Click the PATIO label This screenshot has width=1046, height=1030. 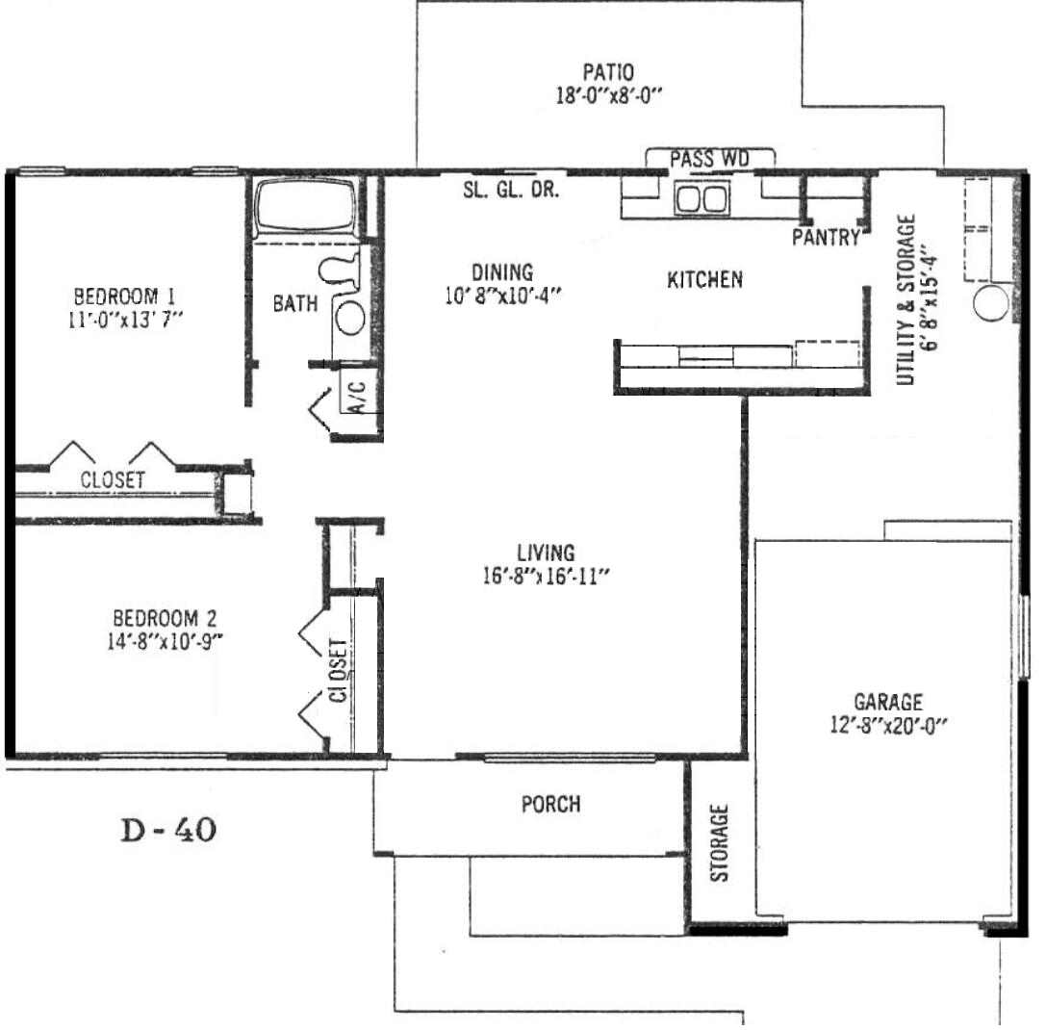[608, 71]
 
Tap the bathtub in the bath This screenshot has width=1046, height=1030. [306, 206]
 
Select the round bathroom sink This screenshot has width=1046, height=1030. [350, 318]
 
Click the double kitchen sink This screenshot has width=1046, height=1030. [702, 198]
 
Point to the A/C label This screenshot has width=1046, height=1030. [358, 397]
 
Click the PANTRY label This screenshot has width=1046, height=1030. [826, 237]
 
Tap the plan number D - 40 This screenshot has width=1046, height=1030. [168, 830]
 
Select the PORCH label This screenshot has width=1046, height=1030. [551, 804]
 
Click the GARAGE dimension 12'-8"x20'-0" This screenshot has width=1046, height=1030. [888, 725]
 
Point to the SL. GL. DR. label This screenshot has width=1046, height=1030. [511, 191]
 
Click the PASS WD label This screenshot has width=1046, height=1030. [710, 159]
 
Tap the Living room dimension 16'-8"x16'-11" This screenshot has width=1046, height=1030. [547, 576]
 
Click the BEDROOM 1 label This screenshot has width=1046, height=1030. [125, 296]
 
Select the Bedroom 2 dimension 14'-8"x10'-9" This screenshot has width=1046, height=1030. [165, 641]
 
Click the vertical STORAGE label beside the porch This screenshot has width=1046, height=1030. [719, 843]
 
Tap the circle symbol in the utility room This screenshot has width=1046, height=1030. [990, 304]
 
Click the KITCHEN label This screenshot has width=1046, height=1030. [705, 280]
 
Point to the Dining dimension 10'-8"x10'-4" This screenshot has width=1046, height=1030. [503, 296]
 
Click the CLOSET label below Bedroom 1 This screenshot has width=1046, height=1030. [112, 479]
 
